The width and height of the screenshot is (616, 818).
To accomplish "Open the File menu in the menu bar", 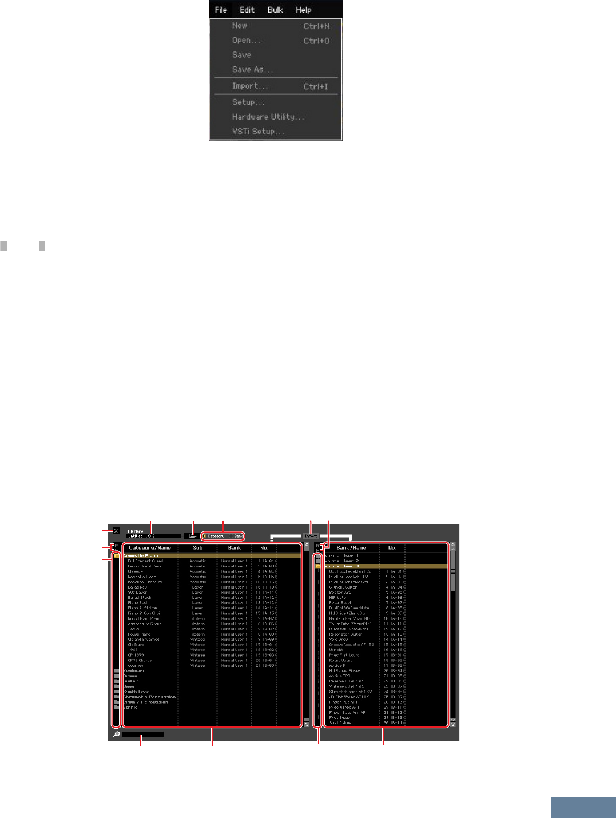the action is click(x=221, y=10).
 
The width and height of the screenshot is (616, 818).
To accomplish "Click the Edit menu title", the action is click(x=247, y=10).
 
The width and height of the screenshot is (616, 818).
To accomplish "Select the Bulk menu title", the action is click(x=275, y=10).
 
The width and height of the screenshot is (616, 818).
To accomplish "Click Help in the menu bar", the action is click(x=303, y=10).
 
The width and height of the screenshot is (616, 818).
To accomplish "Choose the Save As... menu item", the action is click(x=252, y=70).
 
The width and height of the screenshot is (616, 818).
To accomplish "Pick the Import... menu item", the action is click(x=249, y=86).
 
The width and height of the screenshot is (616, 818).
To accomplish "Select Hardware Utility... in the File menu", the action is click(x=268, y=117).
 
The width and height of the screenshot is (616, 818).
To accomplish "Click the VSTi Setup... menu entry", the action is click(x=257, y=132).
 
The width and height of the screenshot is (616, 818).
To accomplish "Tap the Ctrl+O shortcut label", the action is click(x=316, y=41).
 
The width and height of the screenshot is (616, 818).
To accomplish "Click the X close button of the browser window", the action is click(x=116, y=531).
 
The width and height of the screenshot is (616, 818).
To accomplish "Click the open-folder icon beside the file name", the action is click(x=193, y=536).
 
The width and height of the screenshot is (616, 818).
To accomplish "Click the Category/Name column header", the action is click(x=150, y=548).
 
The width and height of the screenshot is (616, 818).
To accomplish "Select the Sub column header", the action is click(x=198, y=548).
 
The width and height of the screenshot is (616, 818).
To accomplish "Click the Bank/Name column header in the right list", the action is click(x=351, y=548).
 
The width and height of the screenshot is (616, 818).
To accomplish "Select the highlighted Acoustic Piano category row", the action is click(x=141, y=555).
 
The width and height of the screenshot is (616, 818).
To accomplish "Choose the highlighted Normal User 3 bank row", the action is click(x=341, y=566).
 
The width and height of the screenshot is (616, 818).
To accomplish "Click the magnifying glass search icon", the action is click(x=116, y=734).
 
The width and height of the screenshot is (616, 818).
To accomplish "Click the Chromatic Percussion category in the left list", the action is click(x=149, y=697).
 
